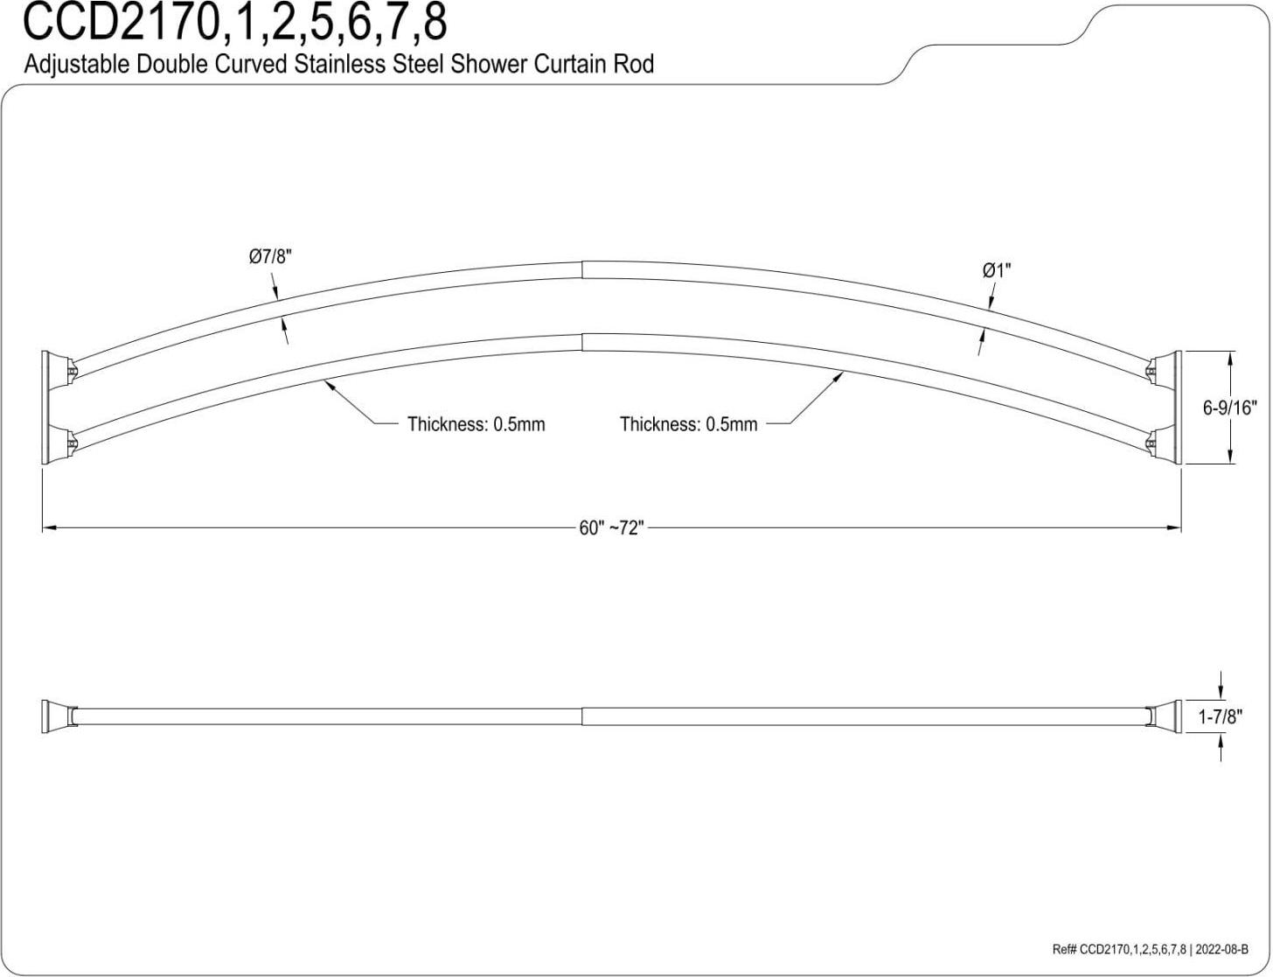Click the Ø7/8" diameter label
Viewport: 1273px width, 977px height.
point(270,256)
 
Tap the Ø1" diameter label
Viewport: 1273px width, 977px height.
point(997,270)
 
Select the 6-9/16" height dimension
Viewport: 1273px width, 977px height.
point(1229,408)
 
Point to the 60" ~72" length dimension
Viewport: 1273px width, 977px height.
point(611,528)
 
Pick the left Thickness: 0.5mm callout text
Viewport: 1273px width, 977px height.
point(477,423)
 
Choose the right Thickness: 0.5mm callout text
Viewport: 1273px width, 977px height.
point(689,423)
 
